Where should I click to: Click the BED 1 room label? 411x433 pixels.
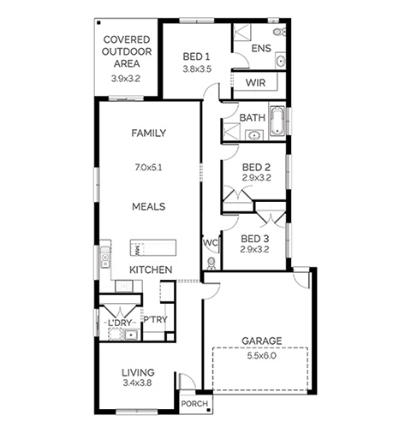[196, 56]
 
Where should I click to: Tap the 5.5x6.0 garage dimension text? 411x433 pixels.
[262, 356]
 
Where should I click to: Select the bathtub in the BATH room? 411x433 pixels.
[277, 121]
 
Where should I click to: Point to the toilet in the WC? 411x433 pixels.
[211, 264]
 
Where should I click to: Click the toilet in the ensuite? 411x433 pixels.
[279, 32]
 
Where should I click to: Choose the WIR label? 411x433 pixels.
[255, 83]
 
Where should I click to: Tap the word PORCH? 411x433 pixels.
[194, 404]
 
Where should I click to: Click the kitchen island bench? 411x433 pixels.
[153, 247]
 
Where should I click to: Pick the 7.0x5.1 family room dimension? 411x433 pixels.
[148, 168]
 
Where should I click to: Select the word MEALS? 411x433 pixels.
[149, 206]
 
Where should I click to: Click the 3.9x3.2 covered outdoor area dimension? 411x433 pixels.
[126, 79]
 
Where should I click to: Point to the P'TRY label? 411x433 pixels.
[155, 319]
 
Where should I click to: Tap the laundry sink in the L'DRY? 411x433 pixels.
[131, 335]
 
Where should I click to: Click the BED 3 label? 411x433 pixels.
[254, 239]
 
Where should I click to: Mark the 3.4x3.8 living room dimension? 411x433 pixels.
[137, 383]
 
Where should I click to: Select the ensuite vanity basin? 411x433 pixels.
[281, 61]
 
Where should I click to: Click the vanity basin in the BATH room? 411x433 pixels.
[253, 135]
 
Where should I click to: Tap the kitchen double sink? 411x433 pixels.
[105, 257]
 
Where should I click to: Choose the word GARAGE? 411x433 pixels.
[262, 341]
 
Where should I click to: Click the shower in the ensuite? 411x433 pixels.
[242, 33]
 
